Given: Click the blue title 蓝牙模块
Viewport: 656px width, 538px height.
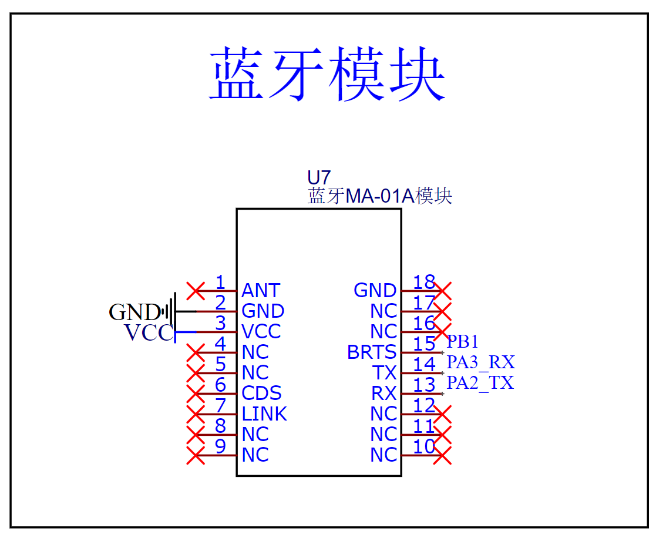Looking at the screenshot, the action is click(x=327, y=73).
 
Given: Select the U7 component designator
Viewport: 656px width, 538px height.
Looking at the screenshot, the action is click(x=319, y=178).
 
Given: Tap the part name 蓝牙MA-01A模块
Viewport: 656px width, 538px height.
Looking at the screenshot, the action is click(x=380, y=196).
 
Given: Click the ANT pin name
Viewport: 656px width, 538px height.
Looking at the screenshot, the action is click(x=261, y=290).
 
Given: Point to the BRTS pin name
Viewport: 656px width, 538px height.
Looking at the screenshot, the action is click(x=372, y=352).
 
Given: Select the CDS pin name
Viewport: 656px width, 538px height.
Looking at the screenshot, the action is click(x=261, y=394).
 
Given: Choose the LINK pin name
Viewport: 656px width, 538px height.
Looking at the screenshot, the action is click(x=264, y=413).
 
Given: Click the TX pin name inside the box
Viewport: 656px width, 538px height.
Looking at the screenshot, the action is click(x=384, y=373).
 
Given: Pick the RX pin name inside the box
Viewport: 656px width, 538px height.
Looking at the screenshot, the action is click(x=383, y=394).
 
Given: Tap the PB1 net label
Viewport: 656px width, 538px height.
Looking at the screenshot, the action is click(x=462, y=342).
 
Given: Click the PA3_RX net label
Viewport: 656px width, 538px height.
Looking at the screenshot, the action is click(x=481, y=362).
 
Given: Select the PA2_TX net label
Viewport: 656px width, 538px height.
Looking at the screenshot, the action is click(x=480, y=383).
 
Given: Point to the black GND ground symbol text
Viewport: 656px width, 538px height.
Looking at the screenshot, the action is click(x=134, y=312).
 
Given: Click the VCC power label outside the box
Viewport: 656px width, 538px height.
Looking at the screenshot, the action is click(x=149, y=333).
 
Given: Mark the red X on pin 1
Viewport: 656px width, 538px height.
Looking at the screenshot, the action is click(x=196, y=291).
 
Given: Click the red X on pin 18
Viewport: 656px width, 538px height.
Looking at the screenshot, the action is click(x=442, y=291).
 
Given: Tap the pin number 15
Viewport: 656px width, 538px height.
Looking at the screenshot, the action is click(x=424, y=344).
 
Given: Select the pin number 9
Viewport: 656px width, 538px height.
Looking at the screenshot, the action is click(x=220, y=446).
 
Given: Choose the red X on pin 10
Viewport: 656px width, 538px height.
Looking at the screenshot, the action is click(x=442, y=455).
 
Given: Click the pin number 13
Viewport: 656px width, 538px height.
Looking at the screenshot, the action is click(x=424, y=385).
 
